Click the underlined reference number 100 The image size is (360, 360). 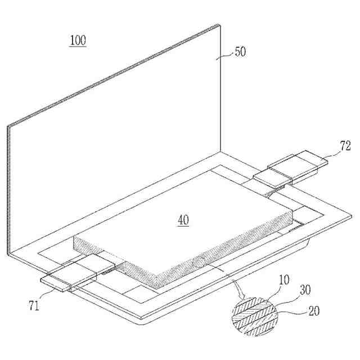tap(78, 40)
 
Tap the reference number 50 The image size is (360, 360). tap(240, 51)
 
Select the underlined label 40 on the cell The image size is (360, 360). tap(183, 220)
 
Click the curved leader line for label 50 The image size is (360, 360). tap(226, 55)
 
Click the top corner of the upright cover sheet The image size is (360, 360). tap(218, 25)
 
